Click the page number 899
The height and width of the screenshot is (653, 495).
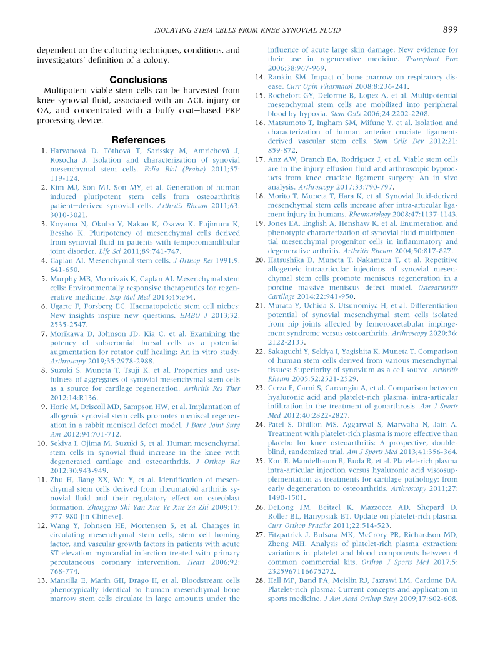450,29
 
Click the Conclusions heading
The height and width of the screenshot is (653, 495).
138,79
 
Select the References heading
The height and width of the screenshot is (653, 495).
138,139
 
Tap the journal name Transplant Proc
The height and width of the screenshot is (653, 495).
432,59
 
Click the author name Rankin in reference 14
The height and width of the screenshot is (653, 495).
280,77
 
